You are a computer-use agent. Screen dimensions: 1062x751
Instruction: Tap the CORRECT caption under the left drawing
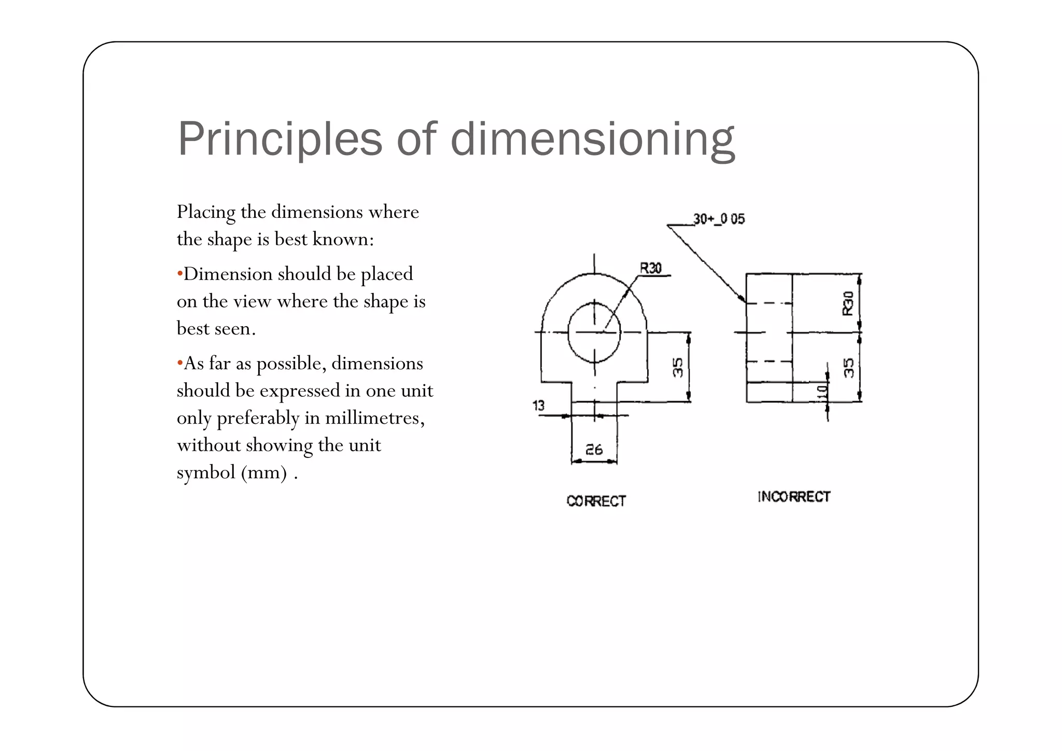(x=596, y=501)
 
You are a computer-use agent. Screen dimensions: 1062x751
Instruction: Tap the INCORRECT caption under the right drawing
(x=793, y=497)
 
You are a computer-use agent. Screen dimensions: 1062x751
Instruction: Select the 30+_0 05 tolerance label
(x=719, y=219)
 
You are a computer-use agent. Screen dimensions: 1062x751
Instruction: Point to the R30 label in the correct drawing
(x=650, y=268)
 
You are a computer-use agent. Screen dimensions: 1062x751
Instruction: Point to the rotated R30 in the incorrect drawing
(x=847, y=303)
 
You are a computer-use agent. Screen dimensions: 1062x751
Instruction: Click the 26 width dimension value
(x=594, y=449)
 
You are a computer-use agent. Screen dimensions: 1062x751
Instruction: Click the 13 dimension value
(x=538, y=406)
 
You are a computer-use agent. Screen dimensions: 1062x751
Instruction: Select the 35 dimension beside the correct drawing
(x=678, y=367)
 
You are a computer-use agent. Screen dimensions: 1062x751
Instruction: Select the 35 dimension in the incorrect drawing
(x=848, y=368)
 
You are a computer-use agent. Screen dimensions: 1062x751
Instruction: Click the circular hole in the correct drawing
(x=594, y=332)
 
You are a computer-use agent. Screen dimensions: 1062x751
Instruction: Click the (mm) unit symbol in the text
(x=264, y=472)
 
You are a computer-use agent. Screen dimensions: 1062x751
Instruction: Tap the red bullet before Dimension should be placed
(x=179, y=274)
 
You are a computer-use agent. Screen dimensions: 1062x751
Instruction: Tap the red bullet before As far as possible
(x=179, y=363)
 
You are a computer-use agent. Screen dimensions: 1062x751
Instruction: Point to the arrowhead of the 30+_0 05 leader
(x=744, y=300)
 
